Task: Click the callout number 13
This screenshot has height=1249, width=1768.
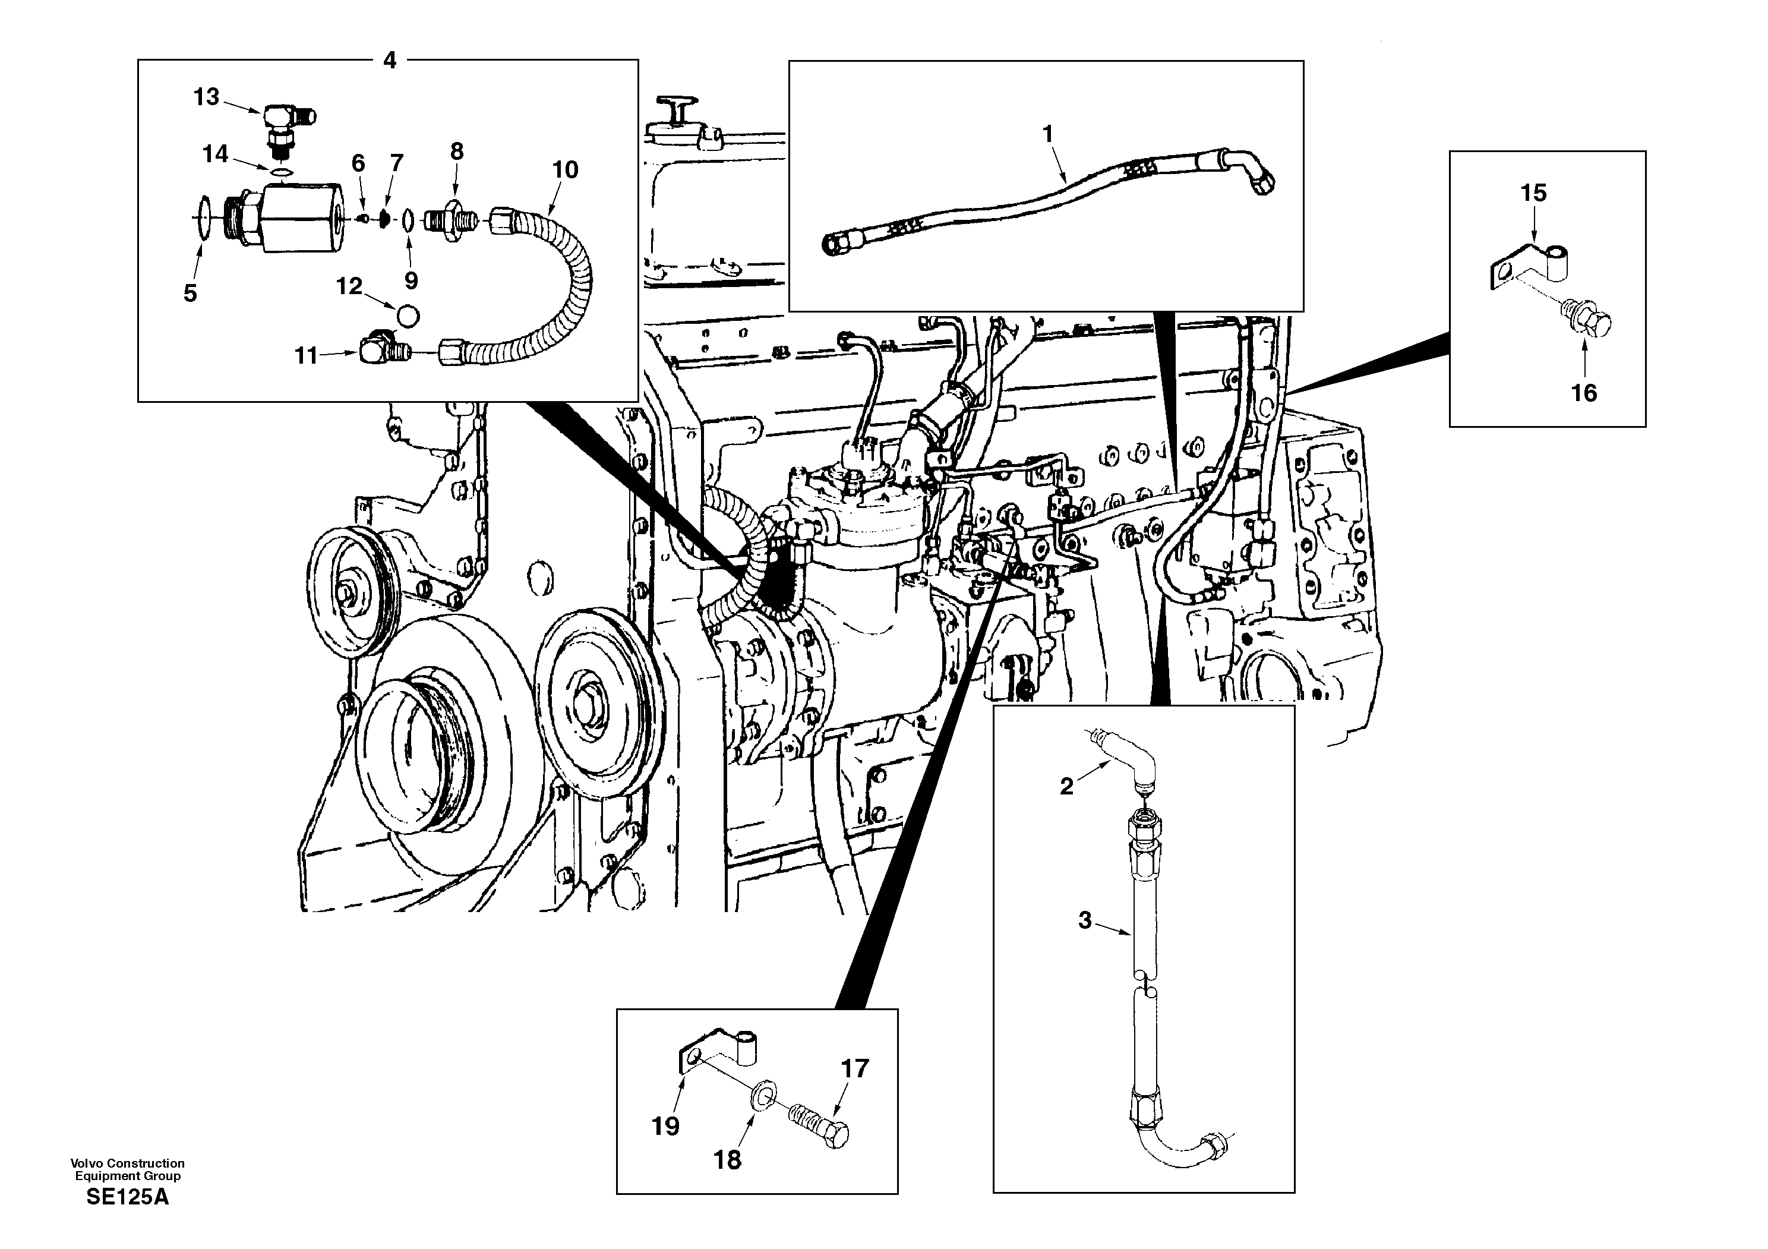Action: point(206,98)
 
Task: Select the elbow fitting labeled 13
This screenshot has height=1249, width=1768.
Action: point(285,120)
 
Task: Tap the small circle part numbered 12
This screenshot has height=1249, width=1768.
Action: point(408,316)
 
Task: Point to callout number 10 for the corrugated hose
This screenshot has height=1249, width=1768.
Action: point(565,170)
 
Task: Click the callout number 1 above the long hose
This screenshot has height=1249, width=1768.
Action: point(1047,134)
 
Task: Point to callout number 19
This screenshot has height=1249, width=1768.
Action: point(665,1127)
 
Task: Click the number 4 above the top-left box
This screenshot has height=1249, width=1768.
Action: point(390,60)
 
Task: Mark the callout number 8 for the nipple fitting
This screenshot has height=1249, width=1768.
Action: point(457,152)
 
